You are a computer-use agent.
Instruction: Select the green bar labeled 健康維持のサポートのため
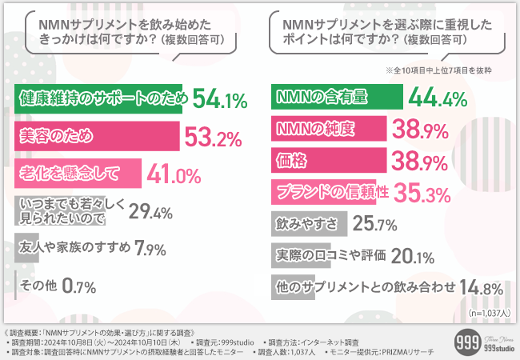100,99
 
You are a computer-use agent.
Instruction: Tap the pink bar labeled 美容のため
96,136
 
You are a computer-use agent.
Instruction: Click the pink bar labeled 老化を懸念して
78,173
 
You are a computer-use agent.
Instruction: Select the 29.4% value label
151,212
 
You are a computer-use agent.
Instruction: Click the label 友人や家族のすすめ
74,247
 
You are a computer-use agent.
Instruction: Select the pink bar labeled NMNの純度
328,129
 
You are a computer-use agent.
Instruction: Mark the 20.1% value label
414,256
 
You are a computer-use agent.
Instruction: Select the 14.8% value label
481,287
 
